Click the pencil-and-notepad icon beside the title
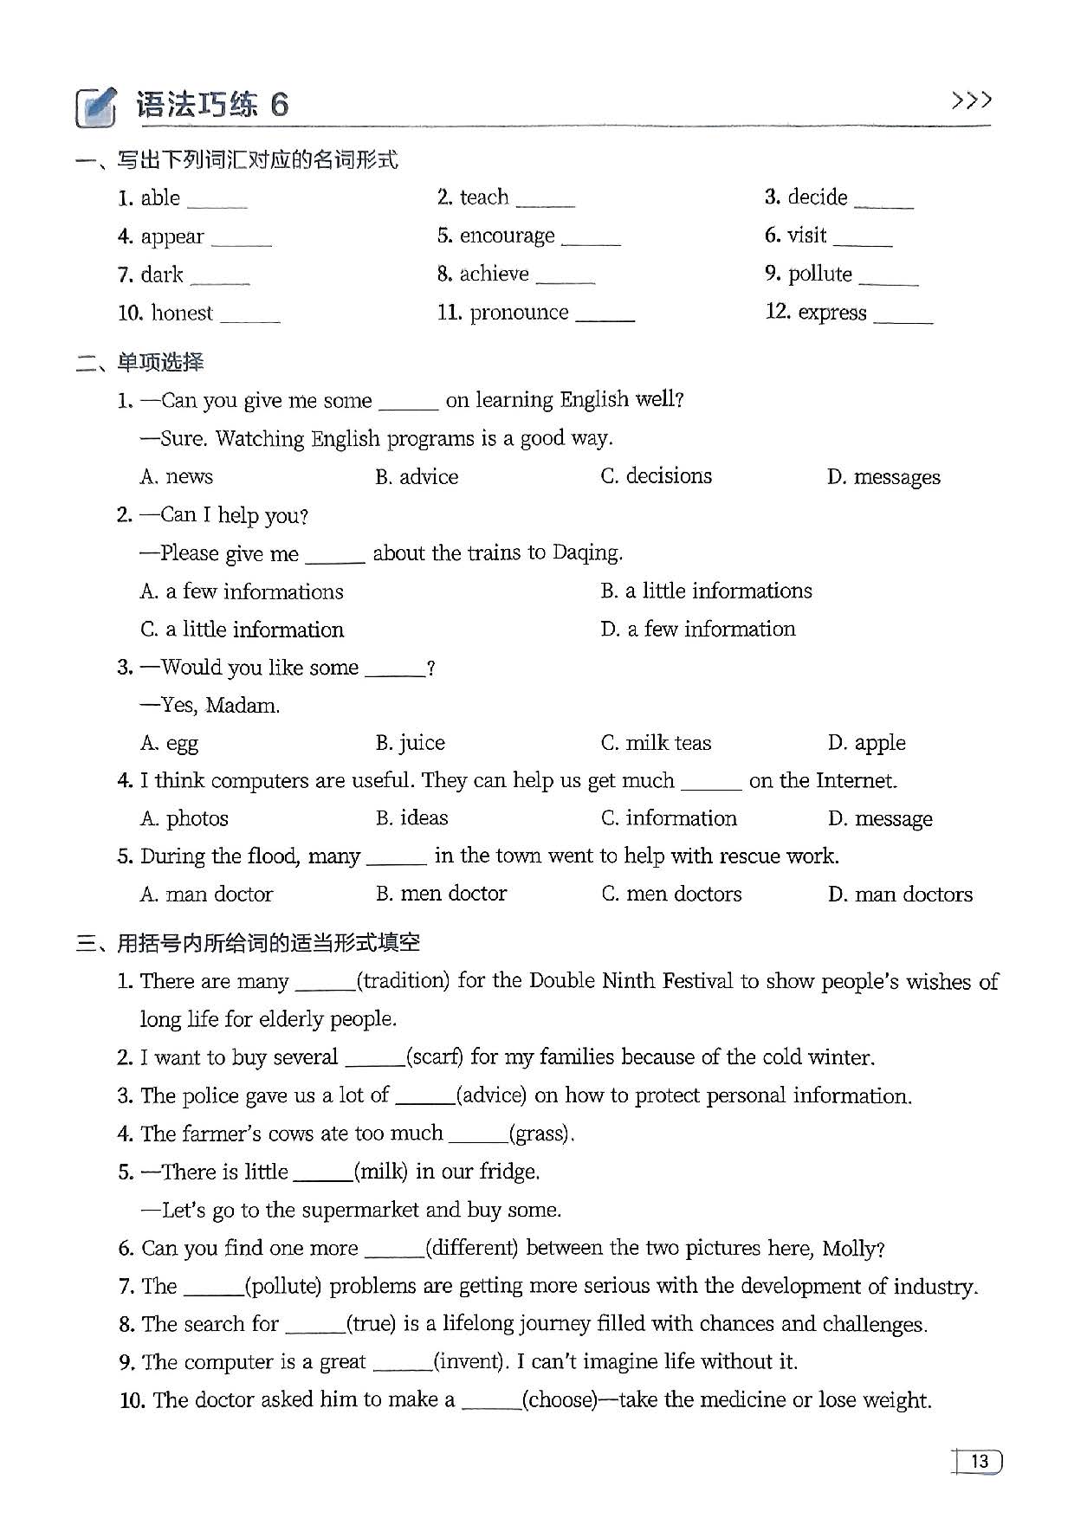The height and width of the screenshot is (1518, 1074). click(95, 107)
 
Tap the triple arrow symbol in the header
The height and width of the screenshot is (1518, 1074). click(971, 101)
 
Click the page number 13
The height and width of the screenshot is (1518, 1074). click(979, 1462)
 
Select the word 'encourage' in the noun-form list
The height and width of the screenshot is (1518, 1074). click(507, 236)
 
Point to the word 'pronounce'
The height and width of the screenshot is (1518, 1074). click(519, 312)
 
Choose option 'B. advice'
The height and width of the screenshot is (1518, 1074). click(417, 476)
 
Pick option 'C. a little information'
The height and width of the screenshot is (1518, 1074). click(243, 630)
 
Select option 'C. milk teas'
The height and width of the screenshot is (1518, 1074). click(656, 743)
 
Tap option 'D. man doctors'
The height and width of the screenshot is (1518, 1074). click(900, 894)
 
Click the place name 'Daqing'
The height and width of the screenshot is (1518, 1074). click(586, 552)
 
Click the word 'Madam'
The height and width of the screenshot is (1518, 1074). click(242, 706)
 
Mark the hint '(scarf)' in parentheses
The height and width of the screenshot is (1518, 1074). click(435, 1057)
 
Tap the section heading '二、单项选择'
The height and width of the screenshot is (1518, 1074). click(140, 362)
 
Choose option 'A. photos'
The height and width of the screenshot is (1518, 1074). click(184, 818)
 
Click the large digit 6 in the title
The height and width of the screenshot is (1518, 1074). click(279, 105)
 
